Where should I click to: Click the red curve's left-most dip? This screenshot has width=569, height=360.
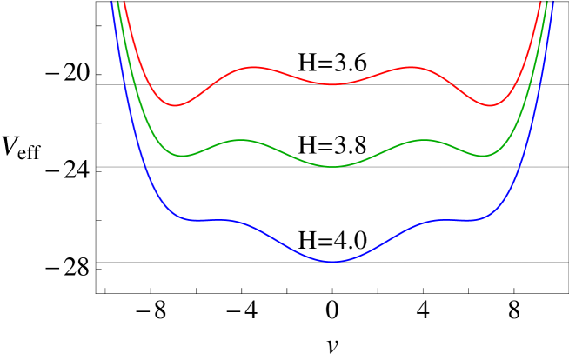coord(175,105)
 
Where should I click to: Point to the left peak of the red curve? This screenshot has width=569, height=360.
coord(253,67)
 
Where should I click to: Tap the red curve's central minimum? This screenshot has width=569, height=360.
coord(331,84)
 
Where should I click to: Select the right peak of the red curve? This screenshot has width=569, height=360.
coord(410,67)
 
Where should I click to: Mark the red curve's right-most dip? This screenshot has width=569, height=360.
coord(489,105)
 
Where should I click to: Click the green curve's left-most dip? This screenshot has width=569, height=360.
coord(183,156)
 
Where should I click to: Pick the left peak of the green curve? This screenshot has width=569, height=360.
coord(242,140)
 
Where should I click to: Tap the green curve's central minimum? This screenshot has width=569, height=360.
coord(331,166)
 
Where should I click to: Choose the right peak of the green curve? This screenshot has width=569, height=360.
coord(423,140)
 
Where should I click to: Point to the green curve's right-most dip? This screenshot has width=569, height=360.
coord(483,156)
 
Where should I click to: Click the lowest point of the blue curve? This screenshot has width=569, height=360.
coord(331,262)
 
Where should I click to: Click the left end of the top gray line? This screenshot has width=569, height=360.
coord(97,84)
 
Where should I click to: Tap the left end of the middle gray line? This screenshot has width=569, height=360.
coord(97,166)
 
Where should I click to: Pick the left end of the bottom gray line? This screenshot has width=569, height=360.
coord(97,262)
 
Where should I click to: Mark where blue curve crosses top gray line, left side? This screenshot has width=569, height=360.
coord(124,84)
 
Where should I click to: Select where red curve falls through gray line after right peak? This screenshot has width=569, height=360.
coord(450,84)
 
